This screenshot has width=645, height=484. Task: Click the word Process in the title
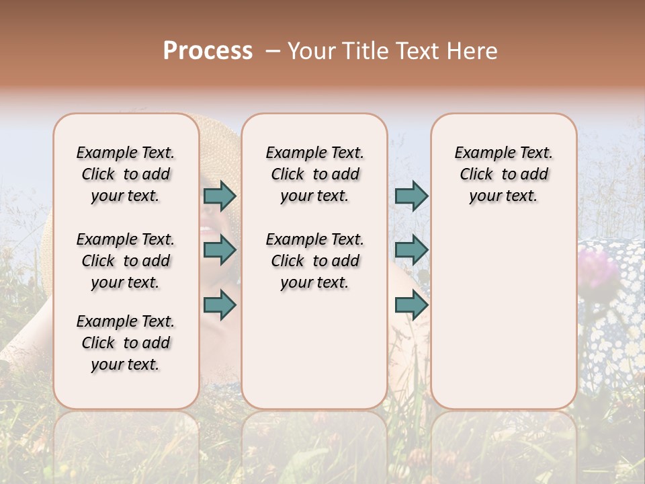coord(208,51)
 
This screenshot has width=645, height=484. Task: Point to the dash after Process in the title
coord(273,52)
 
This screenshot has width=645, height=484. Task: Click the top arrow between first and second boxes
coord(220,196)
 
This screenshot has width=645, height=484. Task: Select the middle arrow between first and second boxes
coord(220,250)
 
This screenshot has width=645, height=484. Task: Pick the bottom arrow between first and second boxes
coord(220,305)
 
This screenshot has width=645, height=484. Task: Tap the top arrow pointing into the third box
coord(411,196)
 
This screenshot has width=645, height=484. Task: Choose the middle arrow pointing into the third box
coord(411,250)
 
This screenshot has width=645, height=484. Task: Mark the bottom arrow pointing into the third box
coord(411,305)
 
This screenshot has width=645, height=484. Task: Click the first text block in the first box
coord(126,174)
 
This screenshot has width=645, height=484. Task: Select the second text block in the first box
coord(126,261)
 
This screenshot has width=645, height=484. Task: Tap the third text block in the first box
coord(126,343)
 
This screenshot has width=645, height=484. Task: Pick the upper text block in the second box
coord(314,174)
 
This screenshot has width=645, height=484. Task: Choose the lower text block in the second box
coord(314,261)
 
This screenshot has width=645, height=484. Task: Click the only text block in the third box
coord(503,174)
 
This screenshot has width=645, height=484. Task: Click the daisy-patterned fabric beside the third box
coord(611,323)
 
